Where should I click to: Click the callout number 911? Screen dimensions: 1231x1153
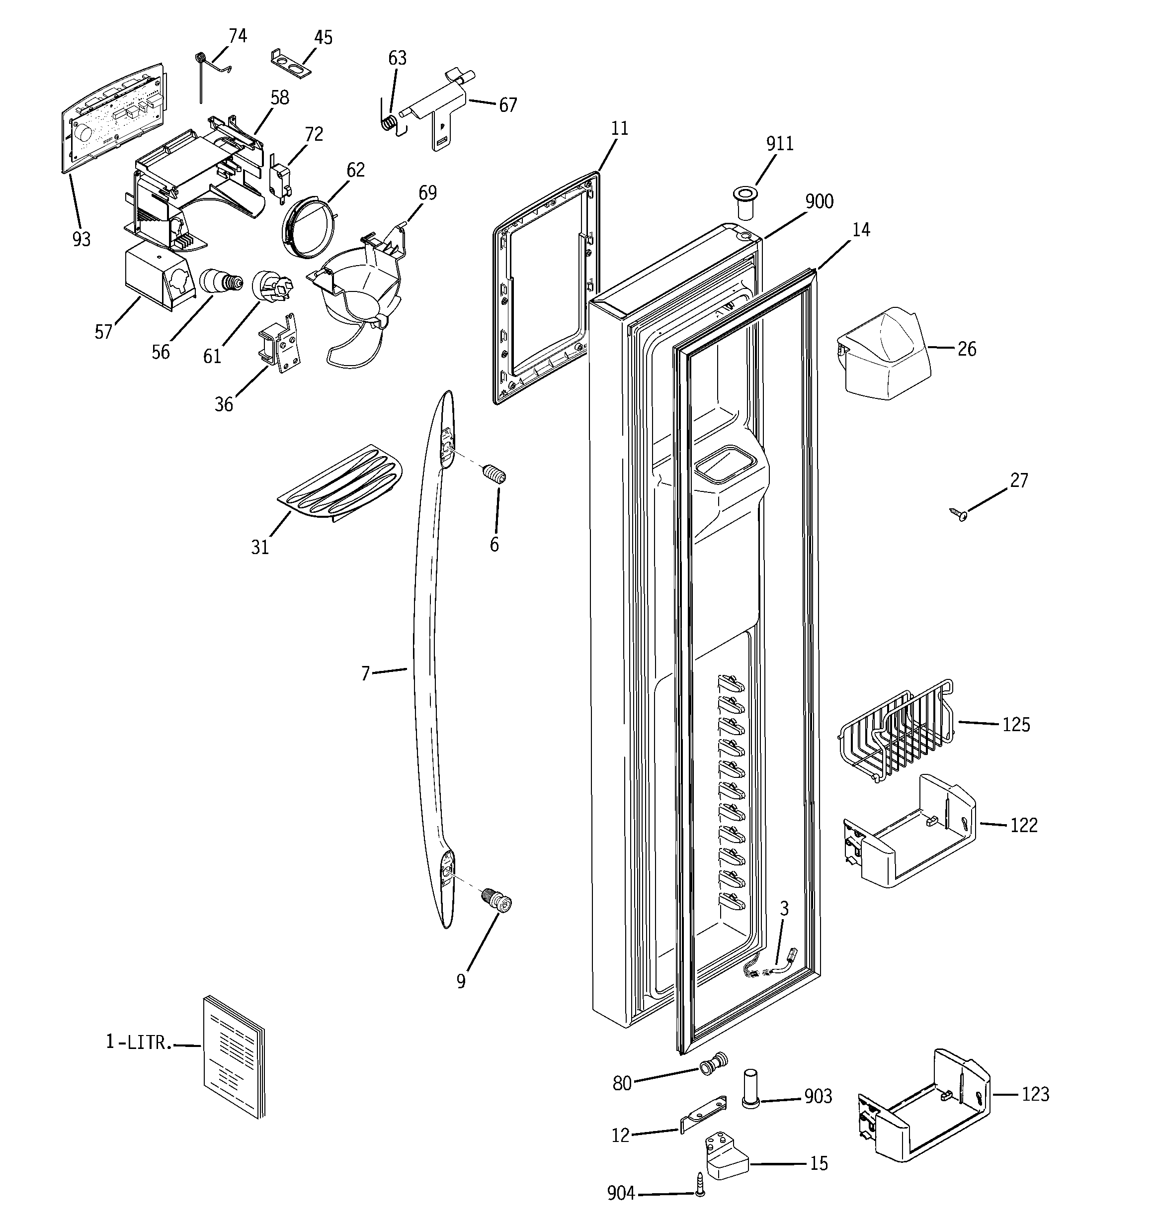coord(779,144)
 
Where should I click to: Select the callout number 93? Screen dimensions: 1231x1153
coord(81,239)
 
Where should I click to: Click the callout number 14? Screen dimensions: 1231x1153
coord(861,230)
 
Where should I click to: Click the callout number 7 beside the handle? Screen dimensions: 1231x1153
coord(365,673)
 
